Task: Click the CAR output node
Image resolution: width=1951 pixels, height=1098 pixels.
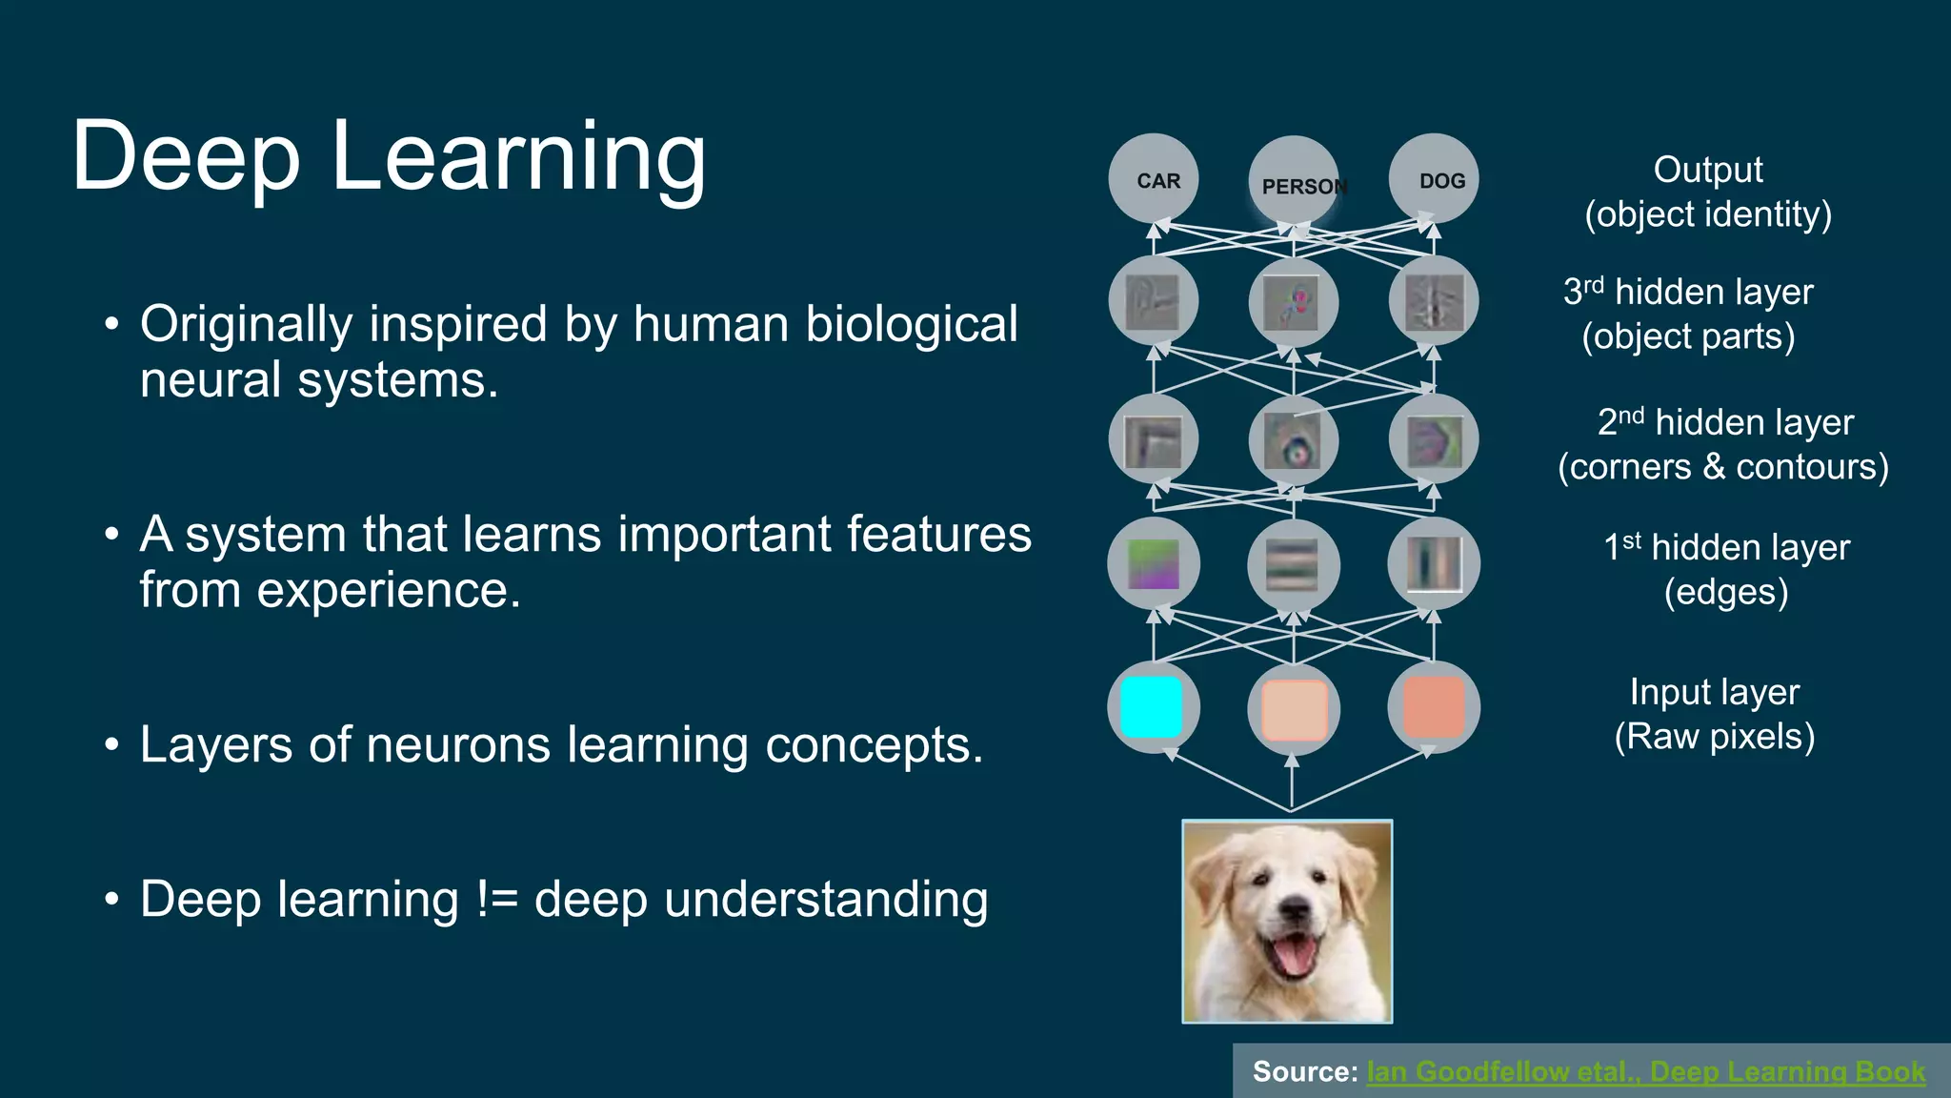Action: pos(1154,179)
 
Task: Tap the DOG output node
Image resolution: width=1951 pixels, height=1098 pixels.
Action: pos(1434,179)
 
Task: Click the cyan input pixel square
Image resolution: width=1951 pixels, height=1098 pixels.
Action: pos(1152,707)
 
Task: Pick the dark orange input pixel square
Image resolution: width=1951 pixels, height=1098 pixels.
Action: pos(1434,707)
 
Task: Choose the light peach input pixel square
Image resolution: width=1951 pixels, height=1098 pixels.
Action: pos(1294,710)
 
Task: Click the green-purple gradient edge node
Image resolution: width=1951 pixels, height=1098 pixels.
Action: pos(1154,564)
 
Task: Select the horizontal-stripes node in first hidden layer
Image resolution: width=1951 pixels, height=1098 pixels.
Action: pos(1293,565)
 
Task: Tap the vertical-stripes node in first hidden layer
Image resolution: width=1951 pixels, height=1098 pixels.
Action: pos(1434,564)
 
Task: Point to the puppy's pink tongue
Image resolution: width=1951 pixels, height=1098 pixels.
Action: pos(1292,956)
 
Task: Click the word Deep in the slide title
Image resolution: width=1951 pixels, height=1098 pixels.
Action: pos(187,156)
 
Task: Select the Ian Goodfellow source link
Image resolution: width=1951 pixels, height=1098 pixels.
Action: pos(1645,1071)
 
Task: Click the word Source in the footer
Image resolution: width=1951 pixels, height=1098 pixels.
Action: pos(1302,1071)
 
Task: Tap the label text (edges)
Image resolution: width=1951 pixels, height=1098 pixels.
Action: pos(1725,592)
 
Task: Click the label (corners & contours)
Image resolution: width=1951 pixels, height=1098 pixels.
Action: pos(1722,467)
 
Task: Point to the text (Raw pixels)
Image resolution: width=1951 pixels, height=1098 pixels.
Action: pos(1714,736)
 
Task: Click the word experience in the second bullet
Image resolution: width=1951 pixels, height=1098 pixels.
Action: pos(389,591)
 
